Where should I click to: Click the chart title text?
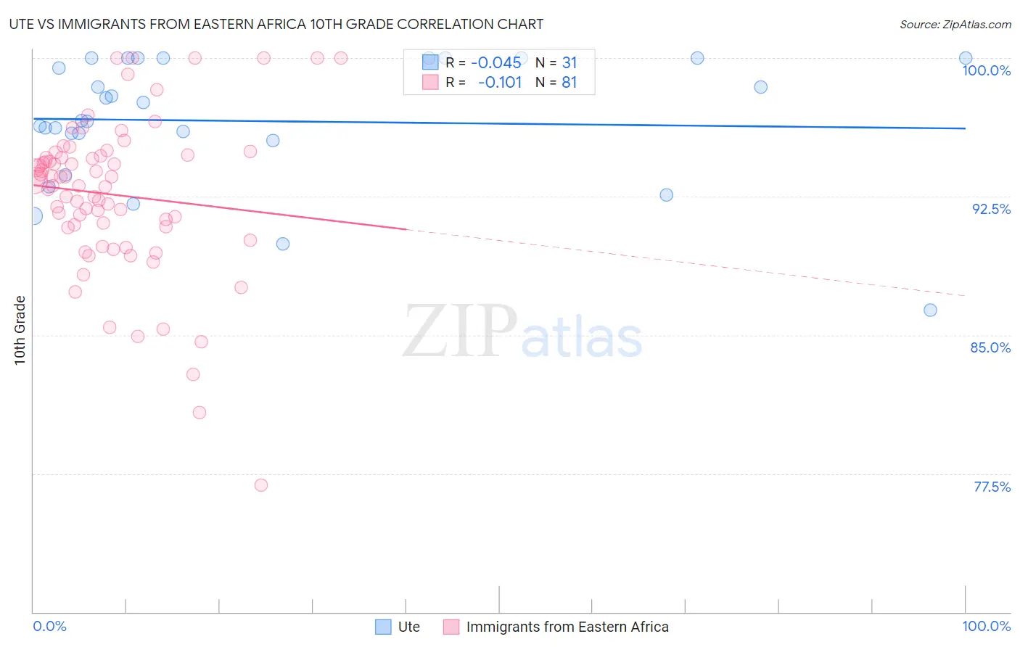click(276, 24)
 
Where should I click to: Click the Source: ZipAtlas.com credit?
click(955, 25)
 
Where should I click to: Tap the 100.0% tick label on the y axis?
click(986, 70)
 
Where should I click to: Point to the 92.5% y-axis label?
click(991, 209)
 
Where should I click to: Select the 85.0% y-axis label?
click(990, 347)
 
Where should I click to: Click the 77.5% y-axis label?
click(992, 487)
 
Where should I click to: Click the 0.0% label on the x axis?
click(49, 626)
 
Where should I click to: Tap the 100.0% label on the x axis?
click(986, 626)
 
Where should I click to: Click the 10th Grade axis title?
click(20, 330)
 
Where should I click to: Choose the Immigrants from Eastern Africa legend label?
click(567, 627)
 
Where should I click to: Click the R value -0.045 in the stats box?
click(496, 62)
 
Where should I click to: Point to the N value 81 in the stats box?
click(569, 83)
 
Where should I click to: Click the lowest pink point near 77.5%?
click(261, 485)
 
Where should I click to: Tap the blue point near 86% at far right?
click(930, 310)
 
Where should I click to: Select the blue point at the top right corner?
click(966, 58)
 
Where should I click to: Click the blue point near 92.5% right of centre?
click(666, 195)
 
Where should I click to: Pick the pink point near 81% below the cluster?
click(200, 413)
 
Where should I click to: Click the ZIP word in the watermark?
click(459, 332)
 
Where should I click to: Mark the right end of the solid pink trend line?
click(406, 229)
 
